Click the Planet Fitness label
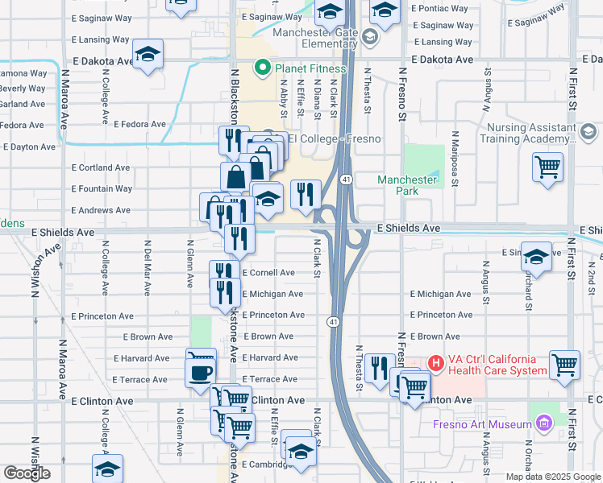click(x=310, y=68)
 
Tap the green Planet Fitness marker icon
click(x=262, y=68)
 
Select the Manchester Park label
click(x=407, y=185)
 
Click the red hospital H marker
click(x=436, y=364)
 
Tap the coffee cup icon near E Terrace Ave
click(x=200, y=373)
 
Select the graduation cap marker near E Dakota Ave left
click(x=148, y=54)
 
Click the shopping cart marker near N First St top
click(x=547, y=167)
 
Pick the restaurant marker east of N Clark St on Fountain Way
click(x=306, y=194)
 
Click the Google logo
click(x=27, y=473)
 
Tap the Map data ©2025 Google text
click(x=552, y=477)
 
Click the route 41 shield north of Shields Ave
click(x=345, y=178)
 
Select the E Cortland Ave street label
click(x=101, y=168)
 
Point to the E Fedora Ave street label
click(x=139, y=125)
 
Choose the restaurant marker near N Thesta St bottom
click(x=379, y=367)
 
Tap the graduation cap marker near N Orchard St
click(x=536, y=256)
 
